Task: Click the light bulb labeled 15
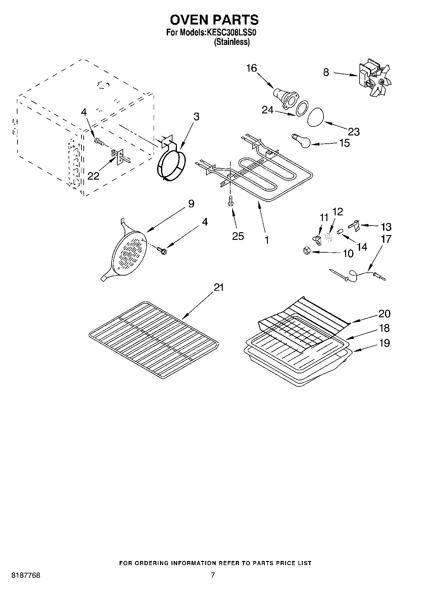[302, 141]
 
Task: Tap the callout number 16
[251, 68]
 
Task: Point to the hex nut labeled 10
[306, 251]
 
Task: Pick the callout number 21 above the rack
[219, 287]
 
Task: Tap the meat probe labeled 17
[356, 275]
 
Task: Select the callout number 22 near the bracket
[93, 176]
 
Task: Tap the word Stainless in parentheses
[232, 42]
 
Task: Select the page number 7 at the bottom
[213, 575]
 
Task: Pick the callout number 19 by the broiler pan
[384, 343]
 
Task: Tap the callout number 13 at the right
[386, 227]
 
